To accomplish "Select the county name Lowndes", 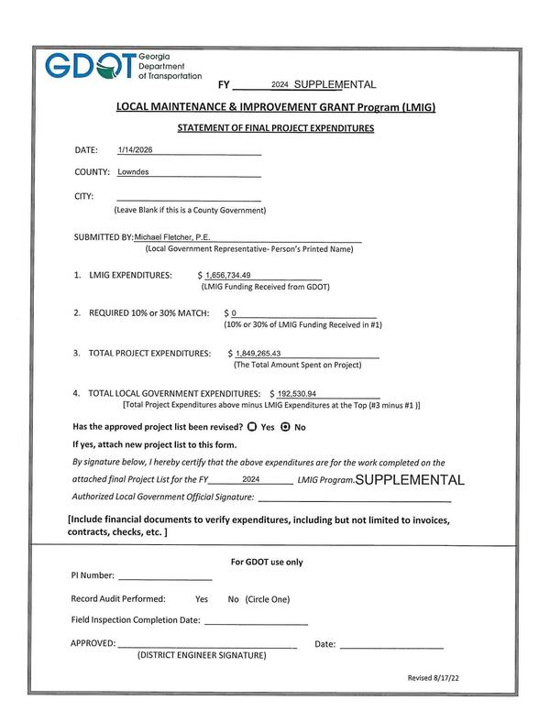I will coord(133,171).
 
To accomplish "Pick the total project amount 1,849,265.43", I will coord(258,353).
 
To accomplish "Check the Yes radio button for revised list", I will coord(251,427).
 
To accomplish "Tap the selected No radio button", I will coord(285,427).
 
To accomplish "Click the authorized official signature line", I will coord(354,499).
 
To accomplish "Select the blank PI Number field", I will coord(165,576).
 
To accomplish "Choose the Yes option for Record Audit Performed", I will coord(202,599).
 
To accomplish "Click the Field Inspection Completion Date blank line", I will coord(256,621).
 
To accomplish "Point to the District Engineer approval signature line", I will coord(207,645).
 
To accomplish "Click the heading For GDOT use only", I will coord(267,563).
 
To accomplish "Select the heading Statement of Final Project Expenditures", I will coord(275,128).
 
